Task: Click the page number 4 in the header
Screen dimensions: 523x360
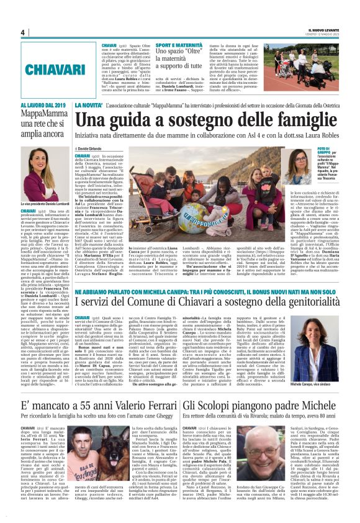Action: tap(22, 32)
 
